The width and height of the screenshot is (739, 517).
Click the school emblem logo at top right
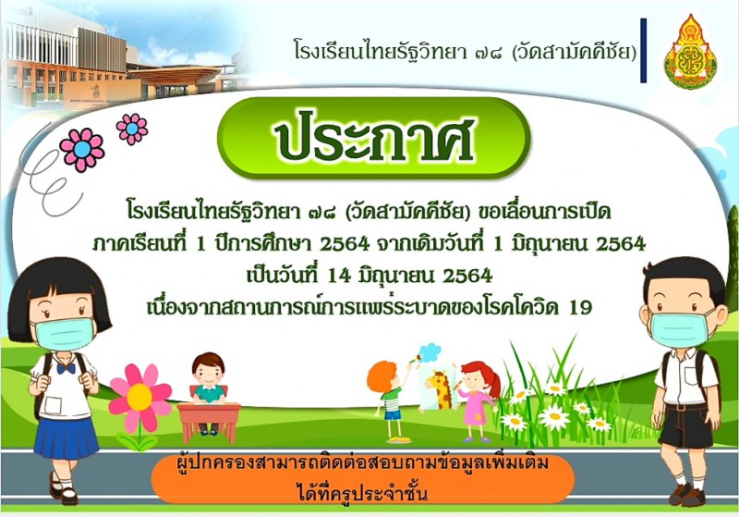click(690, 52)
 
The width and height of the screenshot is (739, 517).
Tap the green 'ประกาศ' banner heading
click(374, 138)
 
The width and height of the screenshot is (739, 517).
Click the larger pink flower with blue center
click(82, 150)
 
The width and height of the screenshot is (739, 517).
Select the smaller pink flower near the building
click(132, 129)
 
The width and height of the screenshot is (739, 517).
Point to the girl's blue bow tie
click(66, 368)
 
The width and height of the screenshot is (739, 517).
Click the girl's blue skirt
click(67, 437)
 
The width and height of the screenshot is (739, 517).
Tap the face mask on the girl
click(64, 334)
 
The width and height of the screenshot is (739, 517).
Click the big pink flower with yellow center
click(139, 397)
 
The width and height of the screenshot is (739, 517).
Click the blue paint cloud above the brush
click(430, 351)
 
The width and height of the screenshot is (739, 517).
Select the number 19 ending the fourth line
click(580, 308)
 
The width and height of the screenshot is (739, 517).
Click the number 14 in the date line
click(339, 276)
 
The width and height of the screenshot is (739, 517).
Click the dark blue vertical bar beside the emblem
click(643, 51)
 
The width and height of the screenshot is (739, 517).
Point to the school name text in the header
click(466, 51)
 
